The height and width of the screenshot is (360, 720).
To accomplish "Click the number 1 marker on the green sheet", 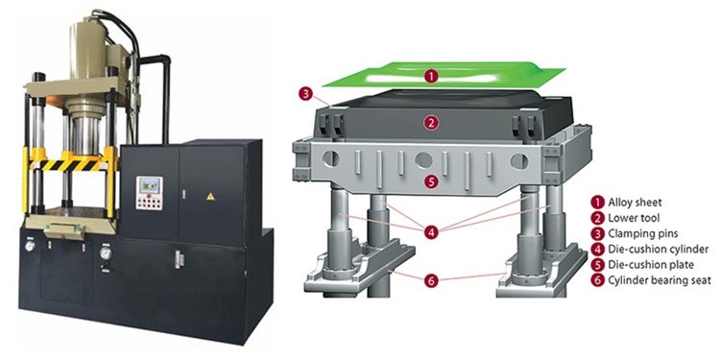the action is [430, 77].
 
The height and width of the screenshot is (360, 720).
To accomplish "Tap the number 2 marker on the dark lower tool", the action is [430, 123].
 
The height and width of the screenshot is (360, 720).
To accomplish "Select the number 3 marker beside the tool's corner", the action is [305, 94].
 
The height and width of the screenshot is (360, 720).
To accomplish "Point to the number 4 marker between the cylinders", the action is [431, 233].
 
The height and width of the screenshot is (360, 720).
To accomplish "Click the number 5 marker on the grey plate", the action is [430, 182].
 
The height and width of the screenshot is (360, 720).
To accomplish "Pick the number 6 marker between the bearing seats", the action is [431, 280].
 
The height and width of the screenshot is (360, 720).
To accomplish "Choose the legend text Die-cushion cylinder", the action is [658, 250].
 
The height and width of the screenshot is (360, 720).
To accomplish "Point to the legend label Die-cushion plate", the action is [651, 265].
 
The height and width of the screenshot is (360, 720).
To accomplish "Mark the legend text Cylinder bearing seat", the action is [660, 280].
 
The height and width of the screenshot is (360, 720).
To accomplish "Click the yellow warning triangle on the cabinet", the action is [210, 197].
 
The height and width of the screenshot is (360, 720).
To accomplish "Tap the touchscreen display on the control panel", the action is [150, 186].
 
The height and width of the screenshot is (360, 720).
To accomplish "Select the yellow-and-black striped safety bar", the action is [71, 165].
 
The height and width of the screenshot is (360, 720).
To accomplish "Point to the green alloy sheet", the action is [444, 75].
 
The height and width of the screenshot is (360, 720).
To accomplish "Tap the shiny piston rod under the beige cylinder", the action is [84, 135].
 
